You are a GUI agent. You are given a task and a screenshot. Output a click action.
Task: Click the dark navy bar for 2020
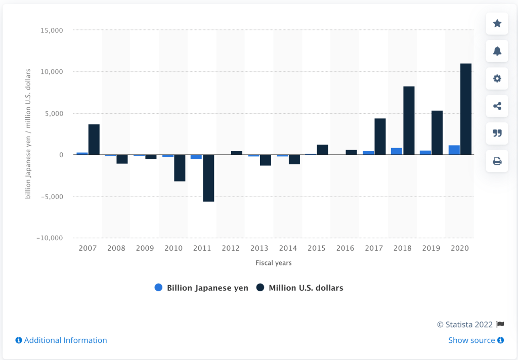click(466, 109)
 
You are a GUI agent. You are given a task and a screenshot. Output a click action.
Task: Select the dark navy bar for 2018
click(409, 121)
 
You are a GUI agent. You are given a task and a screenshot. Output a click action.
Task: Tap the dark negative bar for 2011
click(208, 178)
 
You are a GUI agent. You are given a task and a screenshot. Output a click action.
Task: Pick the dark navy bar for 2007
click(94, 140)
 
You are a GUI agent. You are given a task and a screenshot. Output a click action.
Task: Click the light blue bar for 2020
click(454, 150)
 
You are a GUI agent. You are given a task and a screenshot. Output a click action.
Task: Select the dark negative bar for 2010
click(180, 168)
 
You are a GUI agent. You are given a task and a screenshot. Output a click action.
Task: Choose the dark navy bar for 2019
click(437, 132)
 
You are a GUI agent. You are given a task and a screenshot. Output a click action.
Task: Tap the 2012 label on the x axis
click(230, 248)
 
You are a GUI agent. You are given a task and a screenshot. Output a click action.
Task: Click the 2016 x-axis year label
click(345, 248)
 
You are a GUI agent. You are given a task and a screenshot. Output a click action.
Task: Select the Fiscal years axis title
click(273, 263)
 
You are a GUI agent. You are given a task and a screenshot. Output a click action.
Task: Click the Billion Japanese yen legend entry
click(201, 288)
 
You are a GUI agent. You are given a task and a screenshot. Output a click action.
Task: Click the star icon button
click(497, 24)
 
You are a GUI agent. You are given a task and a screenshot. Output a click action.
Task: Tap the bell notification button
click(497, 51)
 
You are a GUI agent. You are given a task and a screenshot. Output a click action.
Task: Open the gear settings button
click(497, 78)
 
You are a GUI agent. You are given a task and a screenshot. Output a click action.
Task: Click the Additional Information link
click(61, 340)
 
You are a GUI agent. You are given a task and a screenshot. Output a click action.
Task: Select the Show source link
click(476, 340)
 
